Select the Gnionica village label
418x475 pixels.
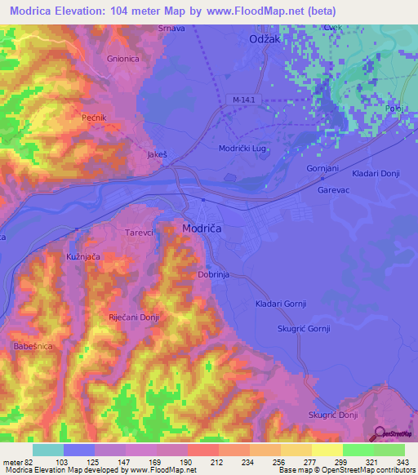(x=124, y=59)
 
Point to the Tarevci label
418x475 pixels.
(x=139, y=233)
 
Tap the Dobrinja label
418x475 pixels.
(x=215, y=275)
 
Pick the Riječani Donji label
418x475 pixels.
(x=132, y=317)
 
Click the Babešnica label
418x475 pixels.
(x=33, y=347)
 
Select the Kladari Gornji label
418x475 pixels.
(x=280, y=304)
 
